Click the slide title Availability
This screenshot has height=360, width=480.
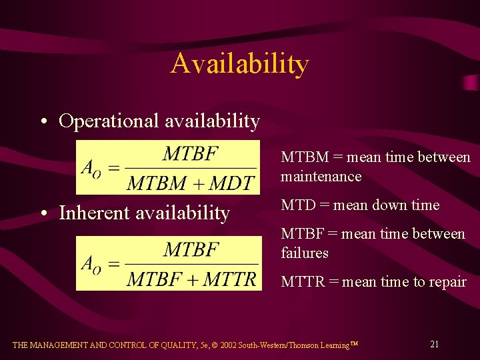pyautogui.click(x=239, y=64)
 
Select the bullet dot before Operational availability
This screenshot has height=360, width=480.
pyautogui.click(x=43, y=122)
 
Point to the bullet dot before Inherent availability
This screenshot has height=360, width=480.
pyautogui.click(x=43, y=214)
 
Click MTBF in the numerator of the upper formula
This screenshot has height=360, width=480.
pyautogui.click(x=191, y=154)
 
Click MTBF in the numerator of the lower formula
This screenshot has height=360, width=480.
pyautogui.click(x=191, y=250)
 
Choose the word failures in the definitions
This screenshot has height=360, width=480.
pyautogui.click(x=305, y=253)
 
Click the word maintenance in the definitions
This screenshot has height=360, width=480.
pyautogui.click(x=321, y=177)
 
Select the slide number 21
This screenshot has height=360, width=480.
pyautogui.click(x=434, y=344)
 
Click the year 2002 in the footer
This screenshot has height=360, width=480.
pyautogui.click(x=240, y=345)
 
